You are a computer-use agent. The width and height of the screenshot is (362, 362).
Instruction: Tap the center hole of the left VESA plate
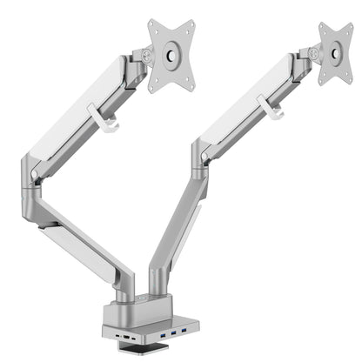pos(171,57)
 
